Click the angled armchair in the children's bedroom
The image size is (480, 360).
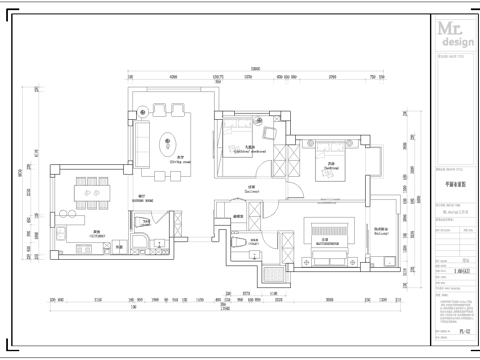coord(267,133)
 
